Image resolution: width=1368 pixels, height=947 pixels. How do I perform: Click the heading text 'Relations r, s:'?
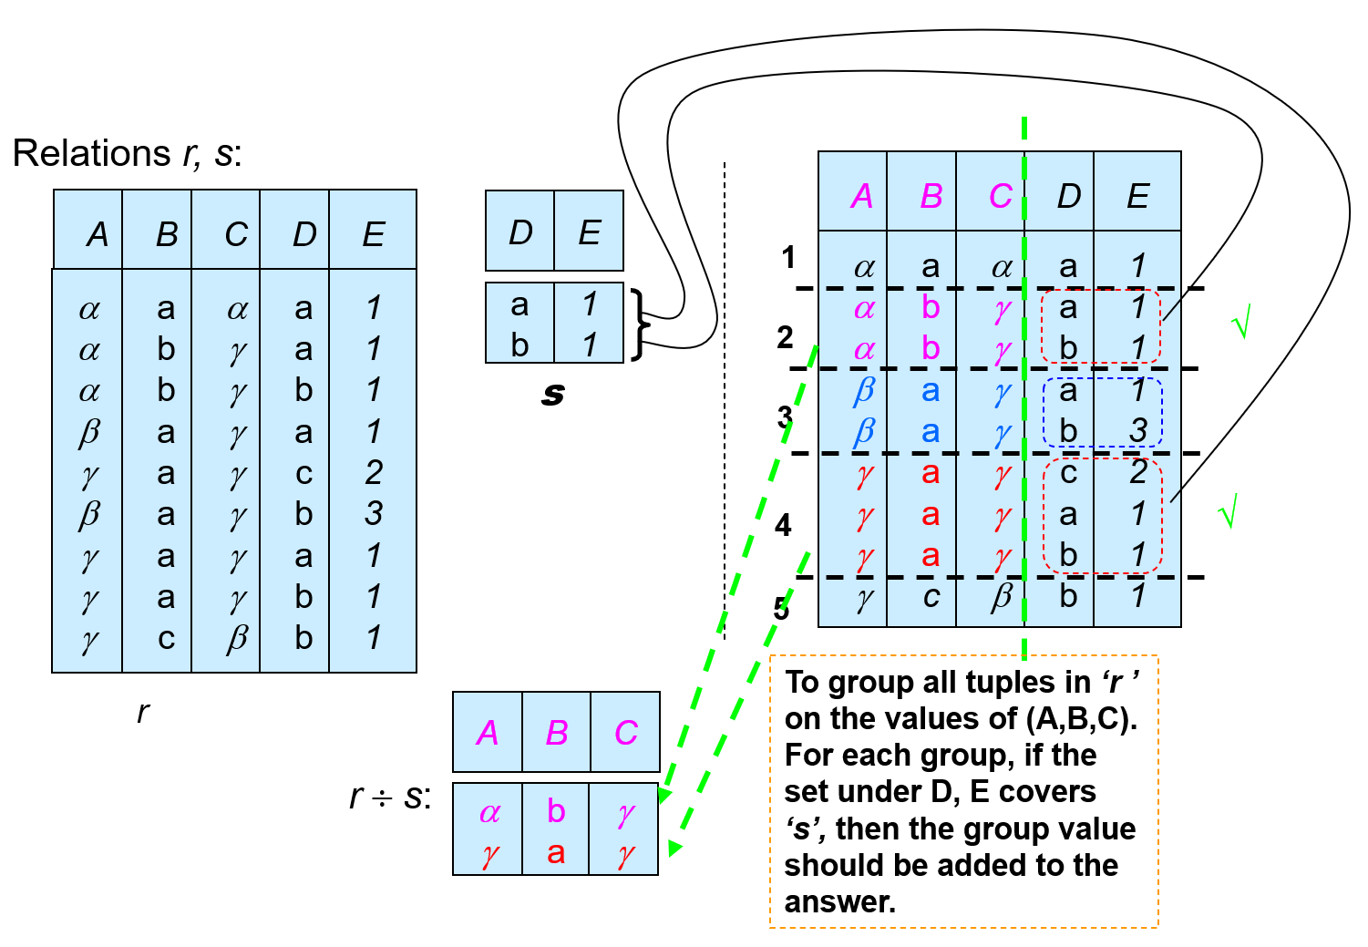pos(127,153)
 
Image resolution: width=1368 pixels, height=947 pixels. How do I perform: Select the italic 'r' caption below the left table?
pos(142,712)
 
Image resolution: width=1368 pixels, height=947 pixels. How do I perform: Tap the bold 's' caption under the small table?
pos(552,394)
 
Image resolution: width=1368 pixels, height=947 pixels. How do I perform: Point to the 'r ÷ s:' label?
pos(389,797)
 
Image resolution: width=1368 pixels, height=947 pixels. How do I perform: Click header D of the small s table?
pos(520,233)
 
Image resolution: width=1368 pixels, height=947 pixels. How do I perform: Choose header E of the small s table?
pos(589,233)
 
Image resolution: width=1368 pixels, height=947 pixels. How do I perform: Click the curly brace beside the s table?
pos(642,324)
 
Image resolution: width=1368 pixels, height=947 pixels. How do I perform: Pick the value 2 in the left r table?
pos(374,472)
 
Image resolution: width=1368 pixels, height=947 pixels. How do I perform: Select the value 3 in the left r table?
pos(374,513)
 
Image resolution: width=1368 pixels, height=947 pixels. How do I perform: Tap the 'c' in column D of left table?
pos(303,473)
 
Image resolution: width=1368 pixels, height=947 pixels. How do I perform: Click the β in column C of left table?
pos(237,638)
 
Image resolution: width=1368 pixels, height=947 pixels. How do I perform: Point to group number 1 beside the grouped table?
pos(788,258)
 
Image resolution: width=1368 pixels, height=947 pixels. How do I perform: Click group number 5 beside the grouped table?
pos(781,608)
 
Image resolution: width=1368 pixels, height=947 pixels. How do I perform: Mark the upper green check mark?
pos(1240,322)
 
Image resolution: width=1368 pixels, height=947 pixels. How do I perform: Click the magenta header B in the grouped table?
pos(931,196)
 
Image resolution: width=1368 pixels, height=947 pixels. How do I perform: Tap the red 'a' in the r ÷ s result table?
pos(556,853)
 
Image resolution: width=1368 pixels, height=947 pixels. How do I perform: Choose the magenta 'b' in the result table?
pos(556,810)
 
